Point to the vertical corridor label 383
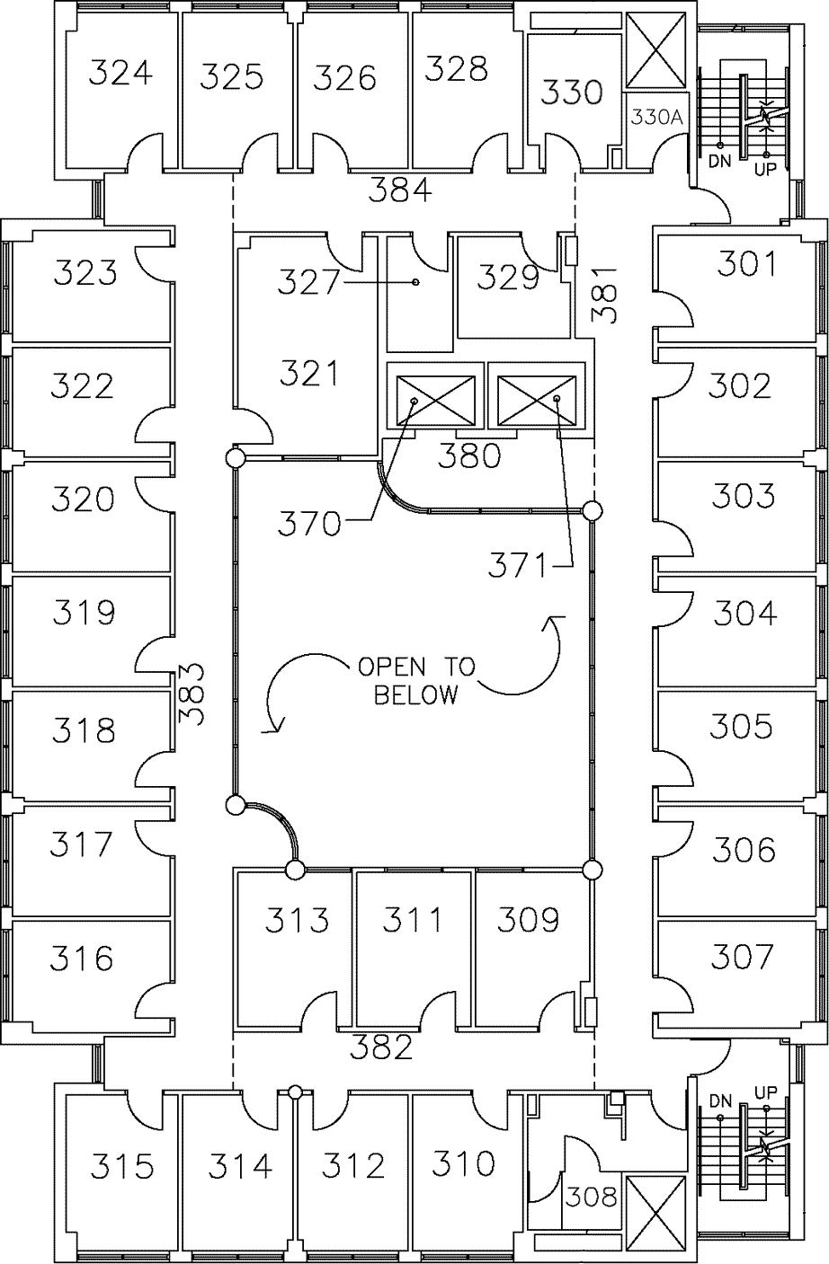(192, 694)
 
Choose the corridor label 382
(381, 1047)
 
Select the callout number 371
(518, 565)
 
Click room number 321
(308, 372)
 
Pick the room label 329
(508, 278)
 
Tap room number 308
(591, 1197)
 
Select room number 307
(741, 957)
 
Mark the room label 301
(748, 264)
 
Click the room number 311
(413, 920)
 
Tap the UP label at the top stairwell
(765, 168)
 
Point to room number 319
(83, 613)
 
